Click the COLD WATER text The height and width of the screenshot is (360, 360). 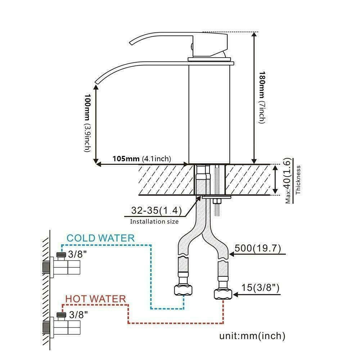tap(101, 238)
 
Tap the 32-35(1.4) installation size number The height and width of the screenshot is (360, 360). tap(151, 211)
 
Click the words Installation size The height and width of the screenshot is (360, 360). tap(154, 221)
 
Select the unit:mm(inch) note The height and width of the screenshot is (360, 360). tap(252, 336)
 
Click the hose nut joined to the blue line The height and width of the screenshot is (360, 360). tap(184, 289)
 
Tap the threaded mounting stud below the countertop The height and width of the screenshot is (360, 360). tap(217, 207)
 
